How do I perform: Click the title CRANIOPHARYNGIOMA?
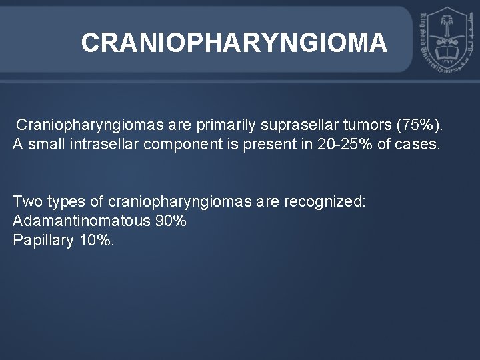click(x=233, y=43)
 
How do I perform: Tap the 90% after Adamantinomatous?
click(x=170, y=222)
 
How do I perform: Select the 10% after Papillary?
click(x=96, y=240)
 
